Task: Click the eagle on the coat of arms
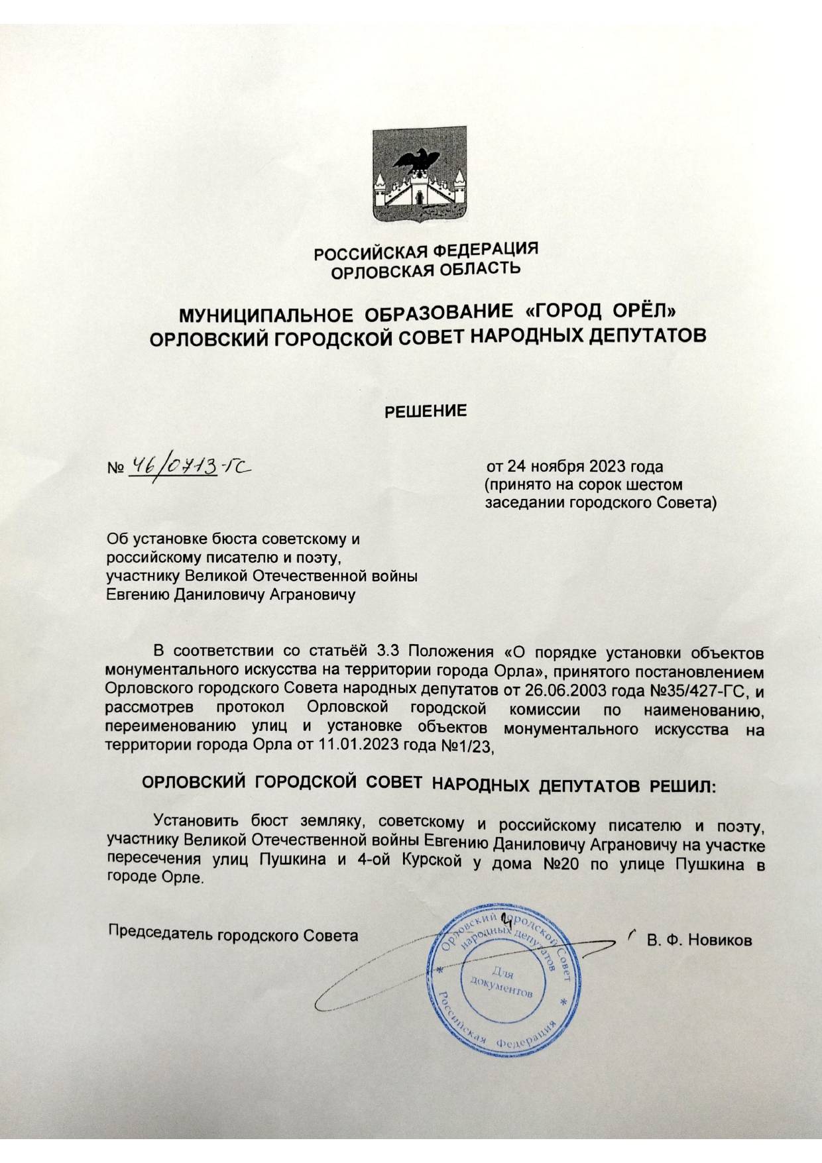(x=417, y=159)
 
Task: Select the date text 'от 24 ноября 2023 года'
(x=575, y=467)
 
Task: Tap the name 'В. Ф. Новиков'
(x=699, y=940)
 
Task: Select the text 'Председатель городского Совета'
(x=233, y=935)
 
